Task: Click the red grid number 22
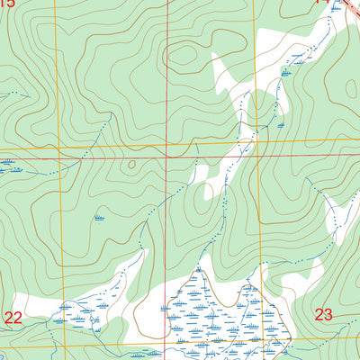click(13, 317)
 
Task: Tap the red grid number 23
click(323, 314)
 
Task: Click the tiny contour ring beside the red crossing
click(131, 164)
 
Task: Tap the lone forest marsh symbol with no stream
click(99, 218)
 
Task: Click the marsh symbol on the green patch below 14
click(287, 69)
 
